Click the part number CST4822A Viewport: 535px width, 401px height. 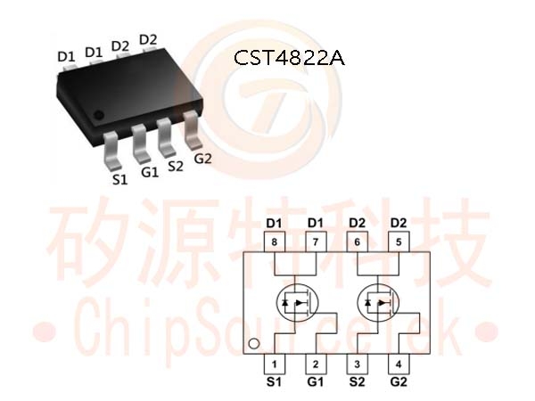click(289, 58)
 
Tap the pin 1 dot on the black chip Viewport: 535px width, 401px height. click(99, 115)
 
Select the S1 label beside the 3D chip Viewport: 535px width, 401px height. click(119, 179)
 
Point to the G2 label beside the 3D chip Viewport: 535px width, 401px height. click(202, 159)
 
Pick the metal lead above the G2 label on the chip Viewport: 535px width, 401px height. click(192, 130)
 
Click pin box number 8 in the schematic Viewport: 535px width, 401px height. click(275, 242)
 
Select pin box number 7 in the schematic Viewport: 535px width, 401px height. click(316, 242)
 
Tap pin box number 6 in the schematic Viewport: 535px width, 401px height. click(358, 242)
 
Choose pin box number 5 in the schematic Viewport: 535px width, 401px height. click(399, 242)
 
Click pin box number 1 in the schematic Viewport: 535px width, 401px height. click(275, 364)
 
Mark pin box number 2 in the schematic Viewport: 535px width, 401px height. click(316, 364)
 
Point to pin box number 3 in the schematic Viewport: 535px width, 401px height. click(358, 364)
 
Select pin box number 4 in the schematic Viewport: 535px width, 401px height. click(399, 364)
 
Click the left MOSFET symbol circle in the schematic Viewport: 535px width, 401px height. click(276, 303)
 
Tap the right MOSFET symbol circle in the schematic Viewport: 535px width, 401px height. click(358, 303)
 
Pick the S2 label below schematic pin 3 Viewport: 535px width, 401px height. click(358, 382)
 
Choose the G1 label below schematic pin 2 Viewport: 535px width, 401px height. click(316, 382)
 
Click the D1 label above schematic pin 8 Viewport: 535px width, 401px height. click(274, 224)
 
